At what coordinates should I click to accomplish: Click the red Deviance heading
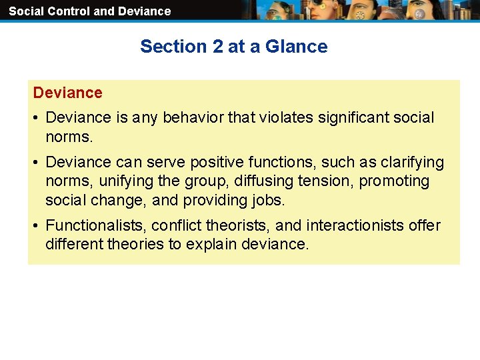(x=67, y=93)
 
